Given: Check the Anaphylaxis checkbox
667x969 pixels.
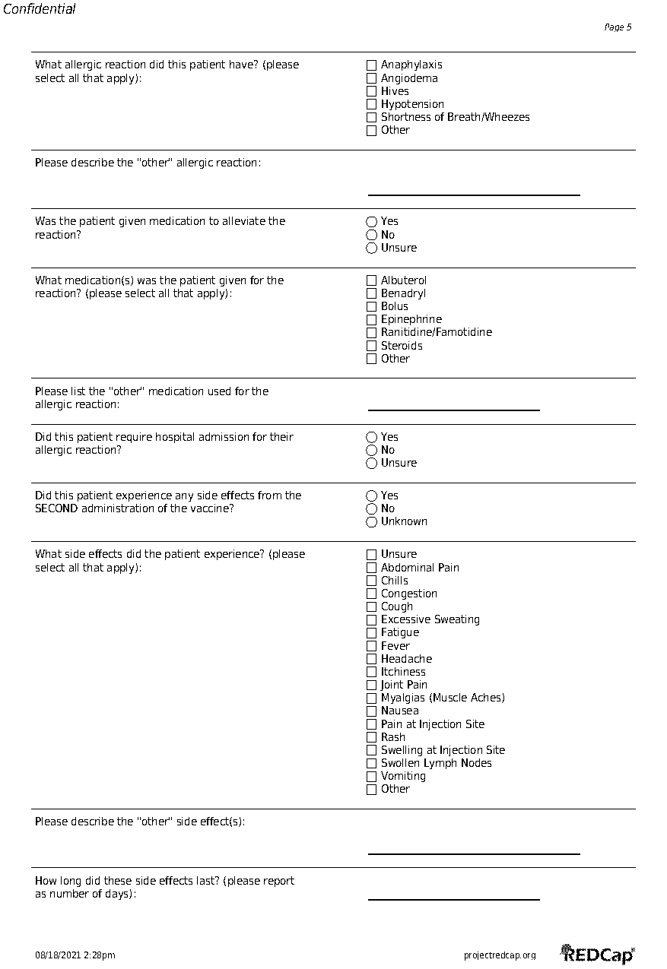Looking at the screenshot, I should coord(371,65).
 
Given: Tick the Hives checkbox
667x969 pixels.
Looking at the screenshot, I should coord(371,91).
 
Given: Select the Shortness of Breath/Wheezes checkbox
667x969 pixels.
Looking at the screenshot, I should coord(371,117).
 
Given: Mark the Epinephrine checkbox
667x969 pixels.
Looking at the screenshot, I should coord(371,320).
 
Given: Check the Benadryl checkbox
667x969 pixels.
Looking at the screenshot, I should coord(371,293).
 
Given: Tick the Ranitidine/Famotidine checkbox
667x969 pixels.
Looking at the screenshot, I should coord(371,333).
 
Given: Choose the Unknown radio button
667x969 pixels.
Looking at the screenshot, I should coord(371,522).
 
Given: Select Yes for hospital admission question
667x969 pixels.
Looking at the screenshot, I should coord(371,437).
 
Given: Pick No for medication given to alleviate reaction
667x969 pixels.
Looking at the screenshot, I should coord(371,235).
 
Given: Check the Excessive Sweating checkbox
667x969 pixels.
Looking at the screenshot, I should coord(371,620).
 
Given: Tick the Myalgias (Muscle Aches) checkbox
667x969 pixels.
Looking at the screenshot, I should coord(371,698).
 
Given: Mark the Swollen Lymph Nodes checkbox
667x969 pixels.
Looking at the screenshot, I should coord(371,764).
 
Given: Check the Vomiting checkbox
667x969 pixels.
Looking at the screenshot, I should coord(371,777).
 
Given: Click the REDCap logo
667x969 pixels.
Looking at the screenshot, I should coord(598,954).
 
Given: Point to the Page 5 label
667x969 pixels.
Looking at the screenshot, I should coord(618,27).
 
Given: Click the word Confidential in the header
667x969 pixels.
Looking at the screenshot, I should coord(40,10).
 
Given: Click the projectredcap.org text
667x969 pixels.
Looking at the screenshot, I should coord(500,955).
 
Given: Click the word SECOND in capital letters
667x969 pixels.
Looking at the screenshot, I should coord(56,508).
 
